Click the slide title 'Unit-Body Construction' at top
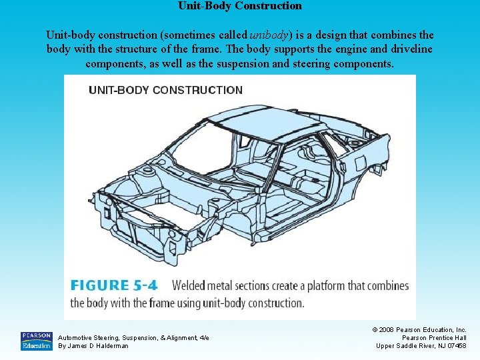tap(240, 6)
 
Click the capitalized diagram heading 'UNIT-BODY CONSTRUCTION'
tap(165, 90)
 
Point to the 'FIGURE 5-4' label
tap(114, 285)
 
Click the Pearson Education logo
tap(36, 341)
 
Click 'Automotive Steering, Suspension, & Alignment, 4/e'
tap(133, 337)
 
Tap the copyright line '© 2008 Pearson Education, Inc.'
tap(419, 329)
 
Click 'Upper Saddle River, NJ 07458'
tap(421, 345)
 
